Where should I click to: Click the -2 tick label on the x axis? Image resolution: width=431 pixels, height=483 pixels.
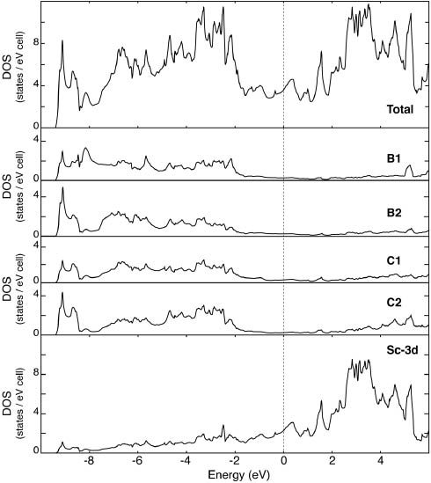234,461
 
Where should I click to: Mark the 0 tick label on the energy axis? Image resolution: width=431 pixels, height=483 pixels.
283,461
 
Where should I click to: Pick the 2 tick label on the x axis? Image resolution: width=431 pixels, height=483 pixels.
332,461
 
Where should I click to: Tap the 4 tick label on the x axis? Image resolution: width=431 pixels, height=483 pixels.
381,461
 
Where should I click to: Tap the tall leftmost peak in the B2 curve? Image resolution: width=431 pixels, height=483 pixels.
62,187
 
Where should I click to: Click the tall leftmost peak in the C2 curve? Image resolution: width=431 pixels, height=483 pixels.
62,293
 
